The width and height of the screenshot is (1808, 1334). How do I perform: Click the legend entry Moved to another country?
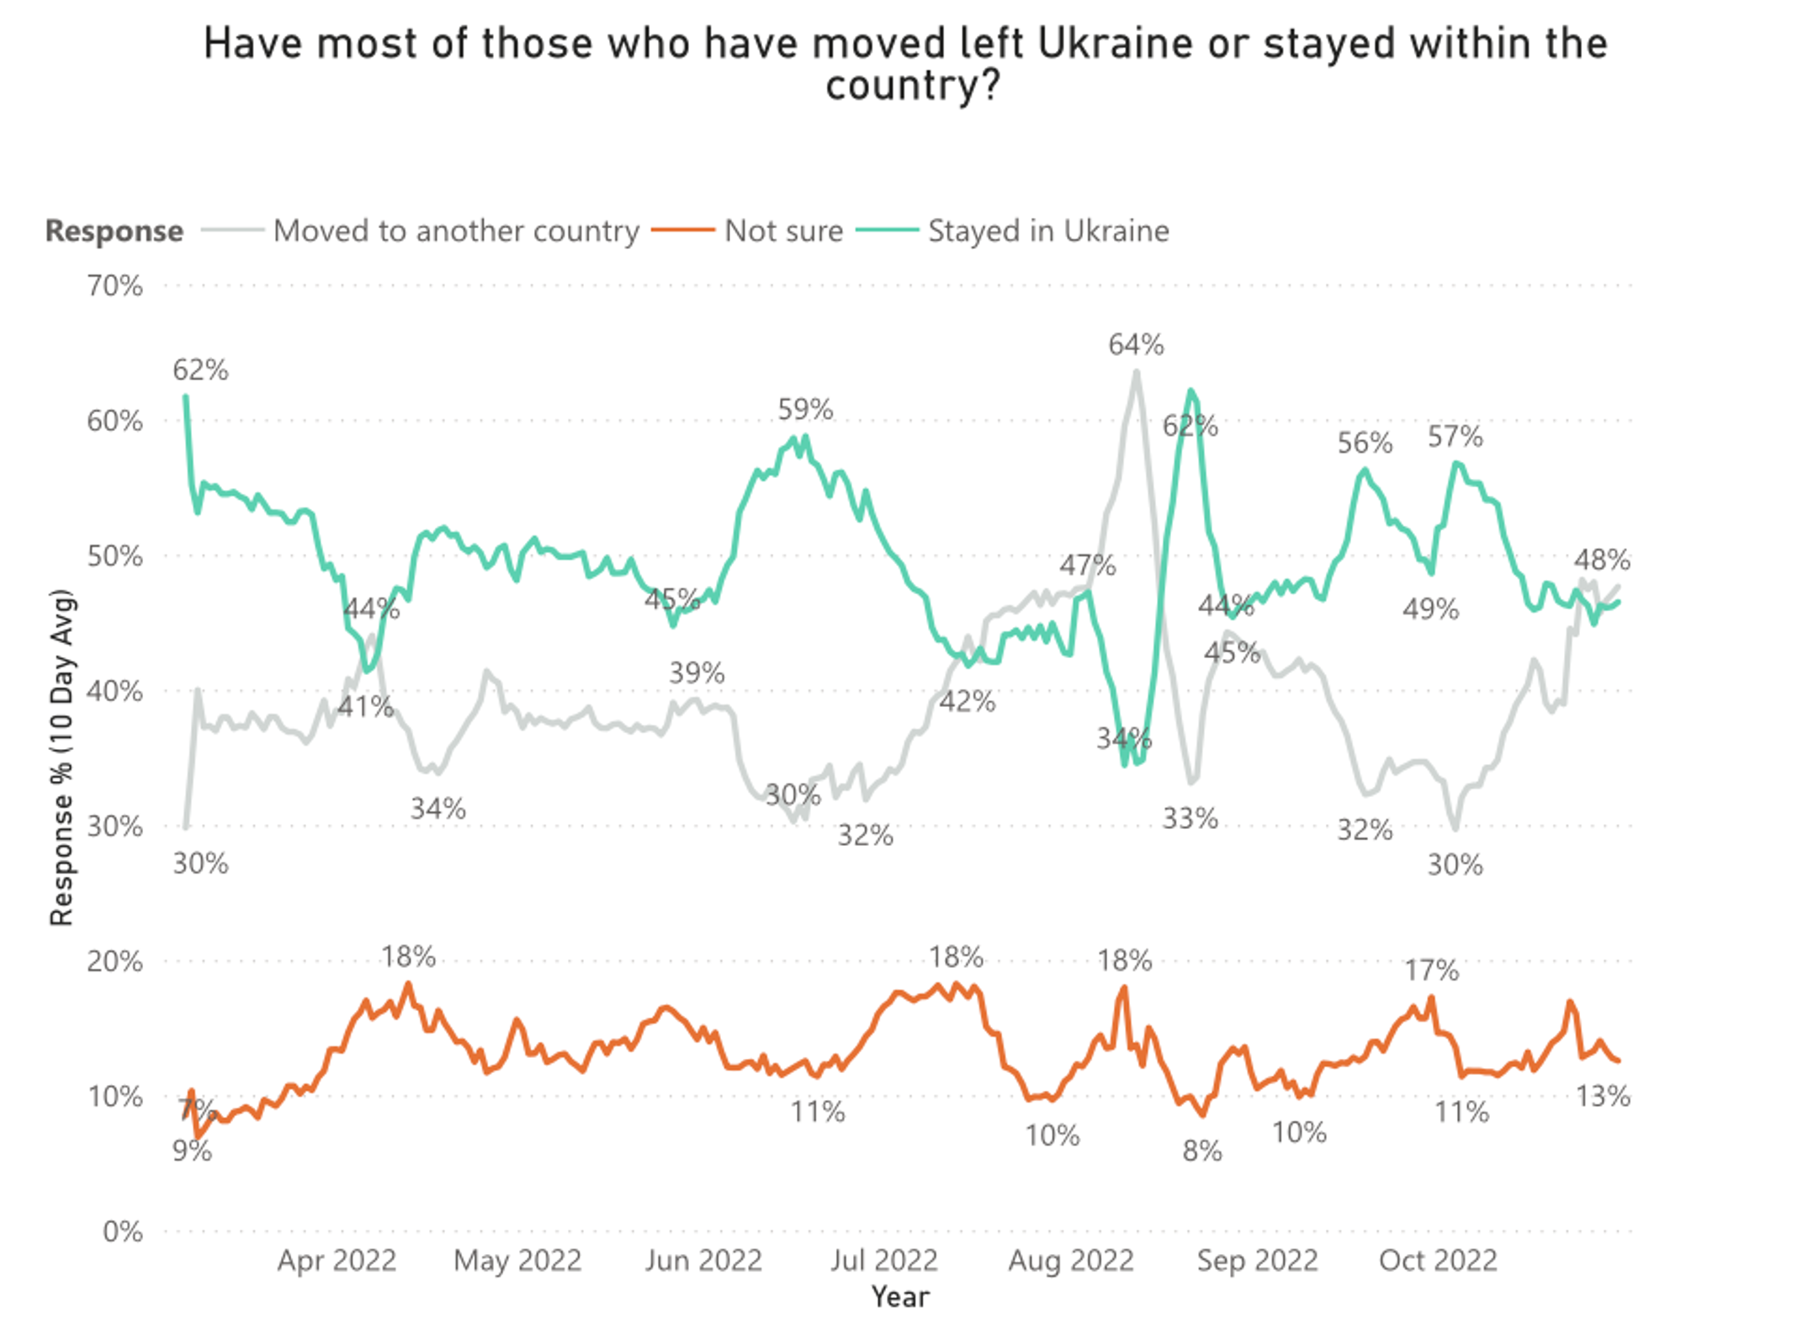click(x=456, y=231)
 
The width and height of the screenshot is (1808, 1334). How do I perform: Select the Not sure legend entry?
click(x=783, y=231)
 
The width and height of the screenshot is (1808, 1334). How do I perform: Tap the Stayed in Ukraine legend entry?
click(x=1048, y=231)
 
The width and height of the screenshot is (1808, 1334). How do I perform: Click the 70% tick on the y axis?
click(x=114, y=286)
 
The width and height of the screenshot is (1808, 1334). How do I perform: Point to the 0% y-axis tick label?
click(x=123, y=1232)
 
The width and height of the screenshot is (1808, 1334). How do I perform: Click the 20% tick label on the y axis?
click(x=114, y=961)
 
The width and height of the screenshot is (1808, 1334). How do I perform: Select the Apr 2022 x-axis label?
click(x=337, y=1261)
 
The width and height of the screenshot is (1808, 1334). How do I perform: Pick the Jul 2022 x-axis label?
click(x=883, y=1261)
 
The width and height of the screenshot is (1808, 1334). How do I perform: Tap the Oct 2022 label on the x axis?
click(x=1438, y=1261)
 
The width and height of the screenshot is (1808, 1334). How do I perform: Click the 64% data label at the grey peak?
click(x=1136, y=344)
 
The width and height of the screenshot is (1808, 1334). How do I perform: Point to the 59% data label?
click(x=805, y=410)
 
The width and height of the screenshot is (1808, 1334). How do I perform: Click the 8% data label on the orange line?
click(x=1201, y=1151)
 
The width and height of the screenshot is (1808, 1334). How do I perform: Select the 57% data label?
click(x=1455, y=437)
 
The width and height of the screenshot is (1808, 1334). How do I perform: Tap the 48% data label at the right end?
click(x=1602, y=560)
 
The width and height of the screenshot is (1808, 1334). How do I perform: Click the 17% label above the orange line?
click(x=1431, y=970)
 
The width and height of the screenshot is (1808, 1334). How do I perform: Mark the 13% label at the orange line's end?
click(x=1603, y=1097)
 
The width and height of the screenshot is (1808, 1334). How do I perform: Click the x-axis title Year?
click(x=899, y=1297)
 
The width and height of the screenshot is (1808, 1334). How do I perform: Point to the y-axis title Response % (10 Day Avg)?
click(x=62, y=757)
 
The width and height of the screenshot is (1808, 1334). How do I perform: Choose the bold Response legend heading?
click(x=114, y=231)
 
